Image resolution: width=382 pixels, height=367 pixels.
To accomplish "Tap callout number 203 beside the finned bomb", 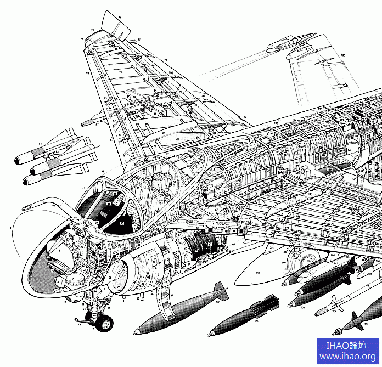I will [x=218, y=302].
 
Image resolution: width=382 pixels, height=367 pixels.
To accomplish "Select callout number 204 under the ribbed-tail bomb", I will [x=257, y=322].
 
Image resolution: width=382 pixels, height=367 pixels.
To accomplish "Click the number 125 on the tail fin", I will [x=343, y=55].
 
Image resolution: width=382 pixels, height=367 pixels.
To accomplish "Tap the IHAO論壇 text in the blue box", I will [x=347, y=346].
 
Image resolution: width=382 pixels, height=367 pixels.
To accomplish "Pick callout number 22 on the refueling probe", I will [x=53, y=206].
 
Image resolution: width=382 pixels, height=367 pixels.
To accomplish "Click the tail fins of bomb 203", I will [x=220, y=290].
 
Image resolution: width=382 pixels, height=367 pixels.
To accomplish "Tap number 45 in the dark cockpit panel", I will [x=121, y=223].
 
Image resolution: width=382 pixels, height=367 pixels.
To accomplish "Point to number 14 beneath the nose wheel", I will [x=93, y=329].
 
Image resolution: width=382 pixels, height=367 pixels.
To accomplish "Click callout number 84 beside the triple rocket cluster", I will [x=40, y=144].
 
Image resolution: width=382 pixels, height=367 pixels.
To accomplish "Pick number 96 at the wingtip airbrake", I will [x=120, y=18].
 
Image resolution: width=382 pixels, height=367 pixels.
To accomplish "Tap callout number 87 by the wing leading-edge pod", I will [x=97, y=125].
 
